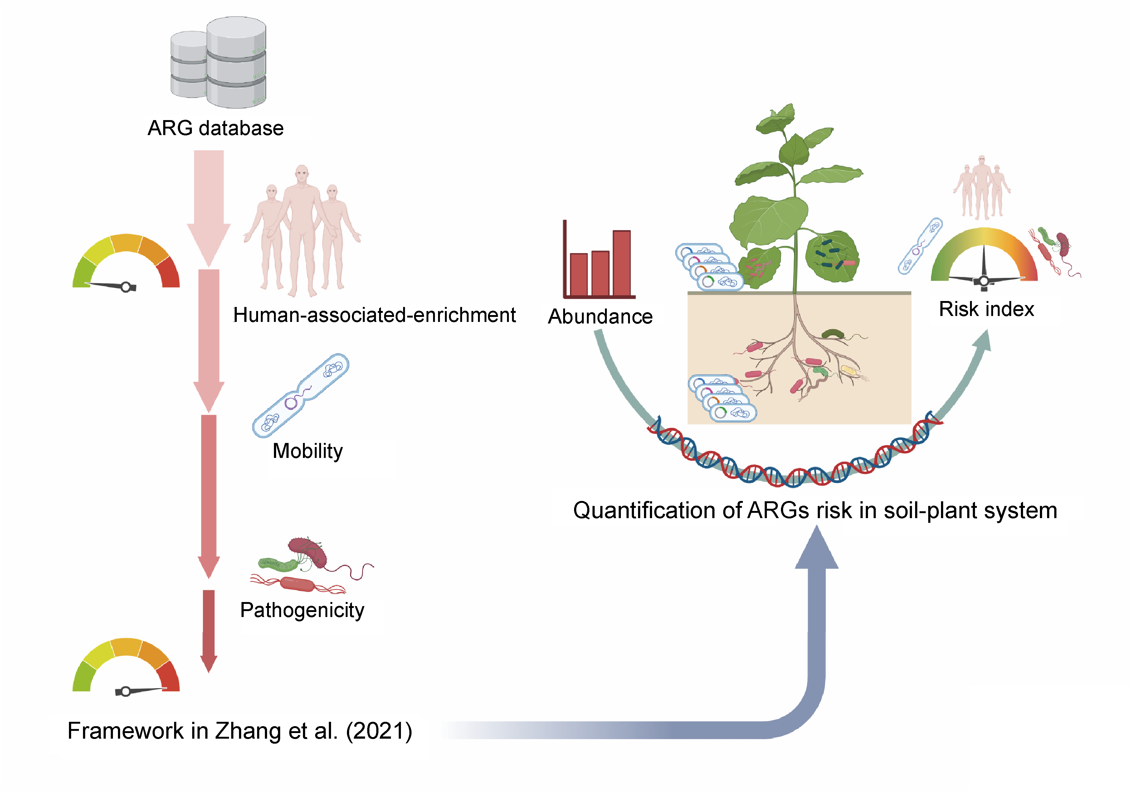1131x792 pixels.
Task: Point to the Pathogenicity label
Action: point(302,610)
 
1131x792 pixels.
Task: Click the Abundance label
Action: point(600,316)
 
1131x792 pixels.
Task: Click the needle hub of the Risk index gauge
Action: point(984,281)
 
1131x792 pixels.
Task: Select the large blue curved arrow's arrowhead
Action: point(817,549)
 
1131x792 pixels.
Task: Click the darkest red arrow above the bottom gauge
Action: point(209,630)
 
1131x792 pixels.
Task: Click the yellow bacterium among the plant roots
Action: point(849,370)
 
